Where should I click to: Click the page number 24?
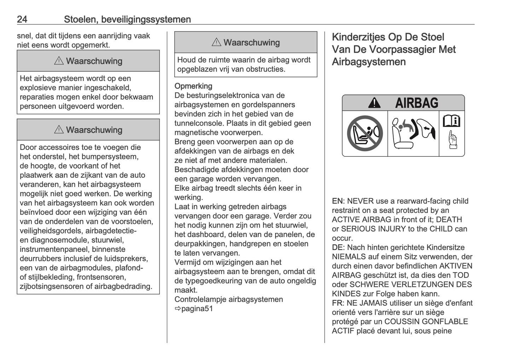[x=22, y=19]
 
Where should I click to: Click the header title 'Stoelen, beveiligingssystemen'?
[x=127, y=19]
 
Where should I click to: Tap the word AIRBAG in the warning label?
[x=417, y=103]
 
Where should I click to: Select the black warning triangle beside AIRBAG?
[x=374, y=103]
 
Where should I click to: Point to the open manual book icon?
[x=452, y=121]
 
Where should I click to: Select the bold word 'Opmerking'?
[x=193, y=86]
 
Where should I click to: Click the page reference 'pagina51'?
[x=197, y=308]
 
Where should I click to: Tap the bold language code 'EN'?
[x=337, y=201]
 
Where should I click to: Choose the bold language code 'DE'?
[x=337, y=247]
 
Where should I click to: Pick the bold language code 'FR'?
[x=337, y=303]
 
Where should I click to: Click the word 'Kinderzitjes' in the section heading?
[x=358, y=37]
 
